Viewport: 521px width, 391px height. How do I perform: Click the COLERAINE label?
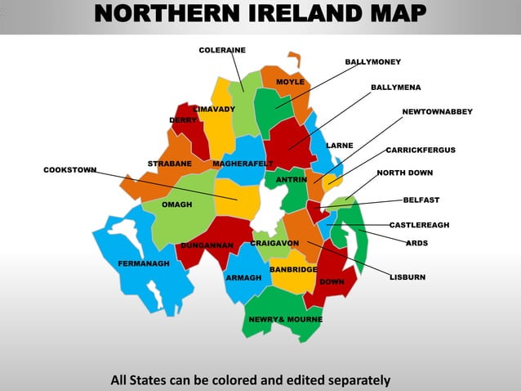(222, 51)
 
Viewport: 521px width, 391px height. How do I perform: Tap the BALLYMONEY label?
(372, 61)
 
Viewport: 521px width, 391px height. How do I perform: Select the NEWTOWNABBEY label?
(437, 111)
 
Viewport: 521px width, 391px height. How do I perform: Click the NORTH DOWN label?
(405, 173)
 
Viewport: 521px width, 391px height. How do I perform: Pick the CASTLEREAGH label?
(419, 224)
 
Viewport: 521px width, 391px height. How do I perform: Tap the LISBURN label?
(407, 277)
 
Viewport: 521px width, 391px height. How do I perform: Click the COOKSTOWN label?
(70, 170)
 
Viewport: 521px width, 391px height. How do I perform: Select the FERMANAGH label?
(144, 264)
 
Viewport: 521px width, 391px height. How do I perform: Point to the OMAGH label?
(176, 204)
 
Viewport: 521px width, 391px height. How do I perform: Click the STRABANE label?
(170, 164)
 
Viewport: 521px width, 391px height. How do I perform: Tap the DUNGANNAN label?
(207, 245)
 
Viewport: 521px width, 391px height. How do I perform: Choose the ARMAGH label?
(243, 278)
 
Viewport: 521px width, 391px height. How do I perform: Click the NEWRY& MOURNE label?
(285, 319)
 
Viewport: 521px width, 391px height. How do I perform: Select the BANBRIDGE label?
(293, 269)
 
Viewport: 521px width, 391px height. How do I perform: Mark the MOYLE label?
(290, 83)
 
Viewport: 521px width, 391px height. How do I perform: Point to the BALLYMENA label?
(396, 87)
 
